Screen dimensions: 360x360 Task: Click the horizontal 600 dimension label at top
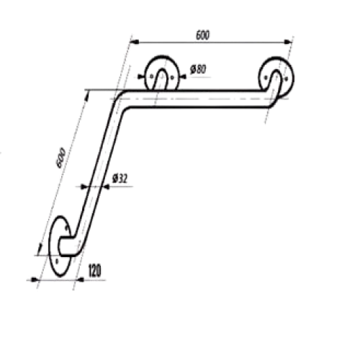(203, 35)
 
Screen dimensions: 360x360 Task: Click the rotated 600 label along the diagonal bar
(60, 158)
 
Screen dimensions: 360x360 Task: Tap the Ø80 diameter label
(198, 70)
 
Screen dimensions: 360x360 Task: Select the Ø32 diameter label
(120, 179)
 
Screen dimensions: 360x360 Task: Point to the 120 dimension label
(95, 271)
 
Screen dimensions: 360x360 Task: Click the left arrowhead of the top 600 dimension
(135, 42)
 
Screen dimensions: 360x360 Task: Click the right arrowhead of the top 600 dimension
(288, 42)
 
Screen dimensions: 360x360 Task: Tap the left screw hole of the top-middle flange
(151, 77)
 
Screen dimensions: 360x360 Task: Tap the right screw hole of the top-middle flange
(172, 77)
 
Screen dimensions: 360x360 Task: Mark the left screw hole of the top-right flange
(266, 78)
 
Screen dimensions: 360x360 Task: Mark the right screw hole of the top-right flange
(286, 78)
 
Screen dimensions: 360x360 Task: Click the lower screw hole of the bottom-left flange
(57, 261)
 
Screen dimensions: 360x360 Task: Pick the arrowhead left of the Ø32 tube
(84, 186)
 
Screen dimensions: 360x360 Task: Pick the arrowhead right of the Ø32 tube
(106, 186)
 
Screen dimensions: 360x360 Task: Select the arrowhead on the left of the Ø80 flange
(140, 77)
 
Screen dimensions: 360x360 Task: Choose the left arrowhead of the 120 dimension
(35, 279)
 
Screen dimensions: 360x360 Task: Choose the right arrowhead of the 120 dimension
(80, 280)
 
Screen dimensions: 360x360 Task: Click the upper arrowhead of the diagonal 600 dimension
(88, 95)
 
